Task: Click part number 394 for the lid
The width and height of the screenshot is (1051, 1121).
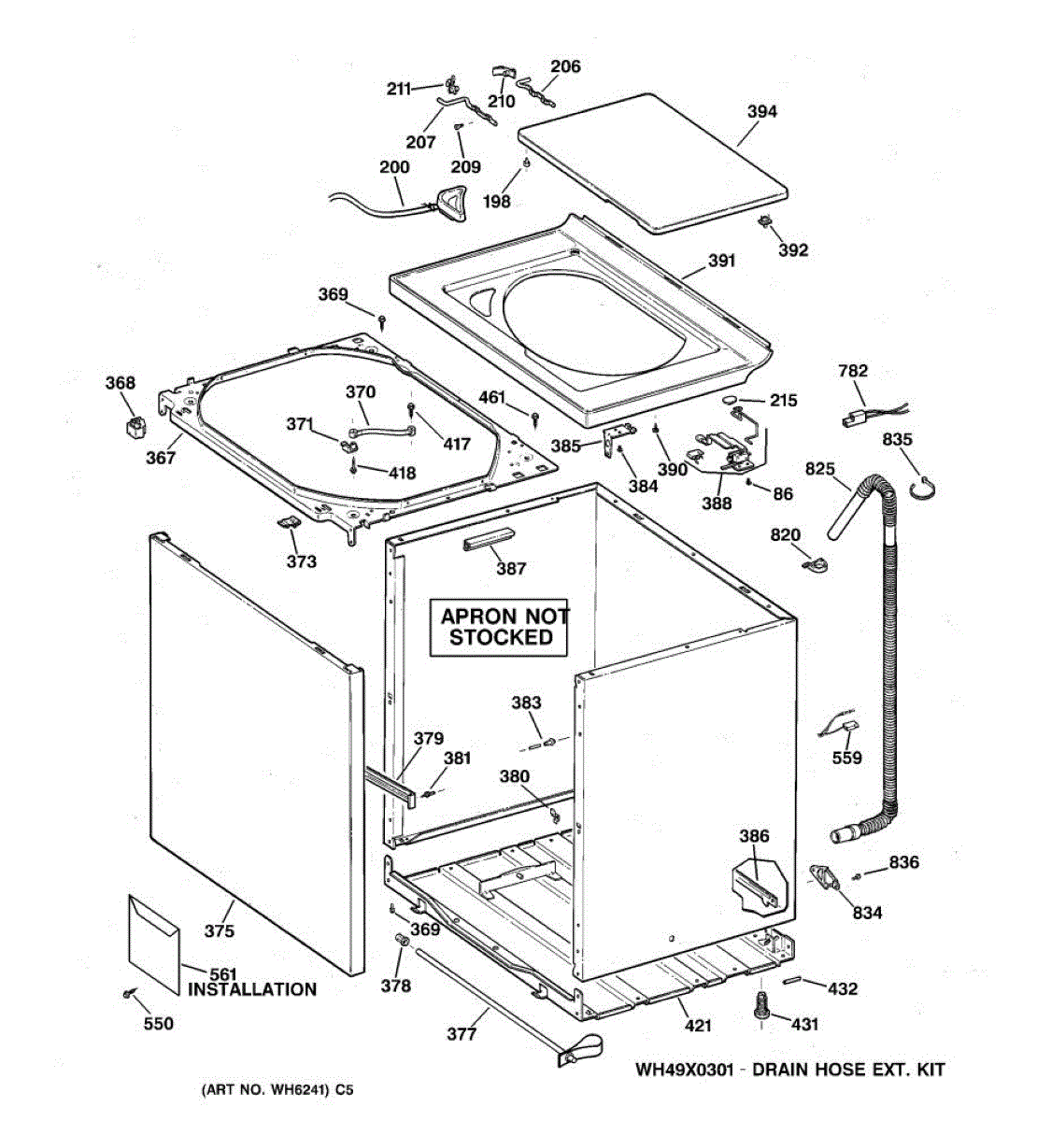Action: coord(761,112)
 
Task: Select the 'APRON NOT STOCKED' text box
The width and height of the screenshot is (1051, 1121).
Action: coord(502,627)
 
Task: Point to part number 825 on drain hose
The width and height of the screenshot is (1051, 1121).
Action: coord(819,468)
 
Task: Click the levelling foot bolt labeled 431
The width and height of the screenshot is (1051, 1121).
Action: coord(761,1006)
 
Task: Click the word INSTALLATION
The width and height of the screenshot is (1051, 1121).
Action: coord(252,989)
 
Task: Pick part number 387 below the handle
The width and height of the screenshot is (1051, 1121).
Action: coord(511,568)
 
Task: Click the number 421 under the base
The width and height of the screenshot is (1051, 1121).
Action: coord(698,1026)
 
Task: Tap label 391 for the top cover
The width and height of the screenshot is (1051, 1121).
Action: coord(721,262)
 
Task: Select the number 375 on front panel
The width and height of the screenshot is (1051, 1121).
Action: coord(220,930)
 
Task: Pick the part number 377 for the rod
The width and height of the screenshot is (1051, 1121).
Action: coord(462,1033)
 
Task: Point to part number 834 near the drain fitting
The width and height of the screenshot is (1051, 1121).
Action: coord(867,913)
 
